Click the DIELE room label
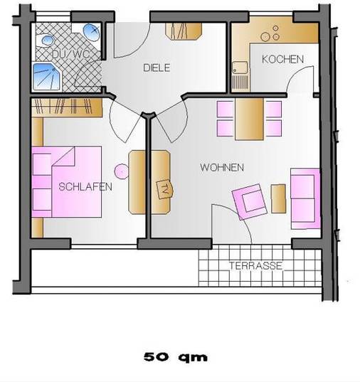[157, 68]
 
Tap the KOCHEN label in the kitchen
[282, 59]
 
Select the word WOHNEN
[222, 167]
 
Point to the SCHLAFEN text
[85, 187]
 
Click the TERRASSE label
[256, 265]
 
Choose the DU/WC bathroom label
[70, 54]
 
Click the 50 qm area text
[176, 357]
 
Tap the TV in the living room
[165, 189]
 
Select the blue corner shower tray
[47, 77]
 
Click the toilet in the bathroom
[91, 32]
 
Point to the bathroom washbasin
[48, 40]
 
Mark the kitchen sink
[240, 68]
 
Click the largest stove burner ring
[265, 37]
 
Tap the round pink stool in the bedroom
[122, 171]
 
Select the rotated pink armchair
[250, 202]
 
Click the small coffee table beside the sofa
[278, 198]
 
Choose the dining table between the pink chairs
[249, 119]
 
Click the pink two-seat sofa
[305, 198]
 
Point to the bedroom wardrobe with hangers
[67, 107]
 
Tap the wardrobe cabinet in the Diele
[184, 31]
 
